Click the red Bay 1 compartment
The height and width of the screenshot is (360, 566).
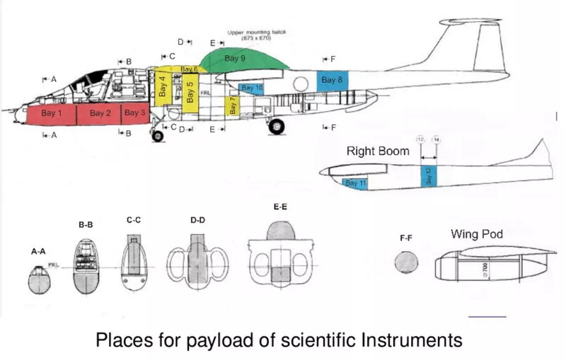pyautogui.click(x=50, y=114)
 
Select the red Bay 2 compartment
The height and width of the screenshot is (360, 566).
pyautogui.click(x=99, y=114)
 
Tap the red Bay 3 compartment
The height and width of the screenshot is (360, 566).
pyautogui.click(x=134, y=113)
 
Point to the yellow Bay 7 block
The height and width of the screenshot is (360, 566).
pyautogui.click(x=231, y=106)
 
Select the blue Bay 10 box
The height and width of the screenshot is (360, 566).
pyautogui.click(x=251, y=88)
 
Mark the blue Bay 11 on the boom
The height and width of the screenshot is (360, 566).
pyautogui.click(x=355, y=184)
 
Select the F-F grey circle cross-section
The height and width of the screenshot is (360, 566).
pyautogui.click(x=406, y=262)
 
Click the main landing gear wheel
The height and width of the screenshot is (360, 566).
pyautogui.click(x=277, y=127)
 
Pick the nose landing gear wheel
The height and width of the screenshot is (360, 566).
pyautogui.click(x=158, y=135)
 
